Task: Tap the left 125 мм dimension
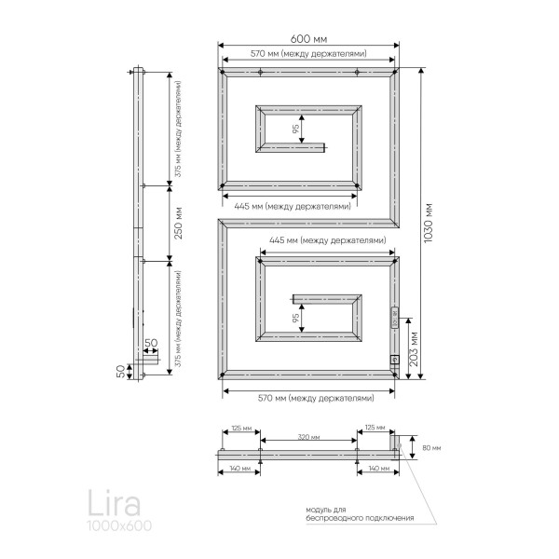pos(239,428)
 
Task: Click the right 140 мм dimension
pos(376,469)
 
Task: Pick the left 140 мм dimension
pos(239,469)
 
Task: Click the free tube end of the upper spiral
pos(324,145)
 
